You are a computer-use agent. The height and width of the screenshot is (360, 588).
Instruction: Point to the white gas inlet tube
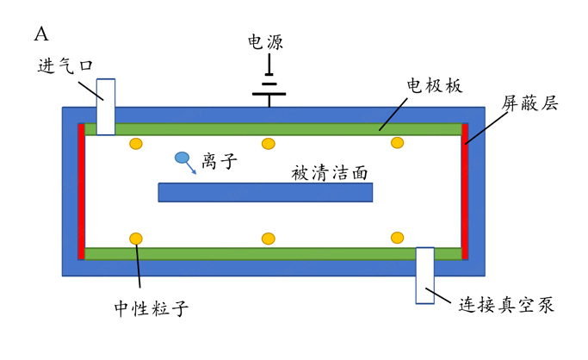coord(105,107)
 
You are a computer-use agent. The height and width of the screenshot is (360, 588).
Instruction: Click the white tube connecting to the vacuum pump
coord(425,275)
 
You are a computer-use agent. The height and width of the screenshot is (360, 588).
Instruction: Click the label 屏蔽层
coord(530,103)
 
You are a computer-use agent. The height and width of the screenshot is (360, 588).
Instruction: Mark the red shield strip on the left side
coord(81,191)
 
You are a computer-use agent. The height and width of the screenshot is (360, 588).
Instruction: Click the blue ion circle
coord(182,158)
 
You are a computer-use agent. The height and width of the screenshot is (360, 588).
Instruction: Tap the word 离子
coord(220,160)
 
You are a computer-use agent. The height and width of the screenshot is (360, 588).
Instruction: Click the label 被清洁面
coord(331,172)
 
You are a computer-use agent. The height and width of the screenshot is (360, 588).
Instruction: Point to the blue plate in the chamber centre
coord(265,192)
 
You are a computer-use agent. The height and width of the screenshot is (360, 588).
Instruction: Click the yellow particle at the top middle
coord(269,143)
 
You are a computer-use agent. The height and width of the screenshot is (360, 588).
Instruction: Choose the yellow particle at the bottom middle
coord(269,238)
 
